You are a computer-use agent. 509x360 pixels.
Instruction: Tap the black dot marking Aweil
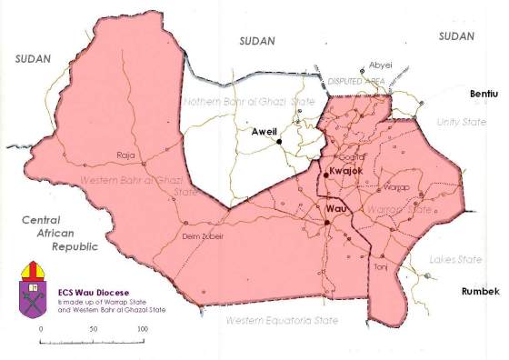point(281,141)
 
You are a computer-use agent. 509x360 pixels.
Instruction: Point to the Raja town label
point(125,155)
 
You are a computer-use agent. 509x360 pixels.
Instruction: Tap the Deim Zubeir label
point(203,236)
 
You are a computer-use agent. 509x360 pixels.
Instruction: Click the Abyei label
point(380,64)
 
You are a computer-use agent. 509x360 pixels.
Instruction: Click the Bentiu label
point(484,94)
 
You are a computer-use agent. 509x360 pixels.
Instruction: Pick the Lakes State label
point(455,260)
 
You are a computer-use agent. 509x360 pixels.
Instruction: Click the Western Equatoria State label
point(282,321)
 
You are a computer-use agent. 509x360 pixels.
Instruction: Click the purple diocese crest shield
point(34,295)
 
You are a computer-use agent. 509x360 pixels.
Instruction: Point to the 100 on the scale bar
point(142,327)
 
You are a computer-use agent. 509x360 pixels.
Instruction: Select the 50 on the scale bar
point(92,327)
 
